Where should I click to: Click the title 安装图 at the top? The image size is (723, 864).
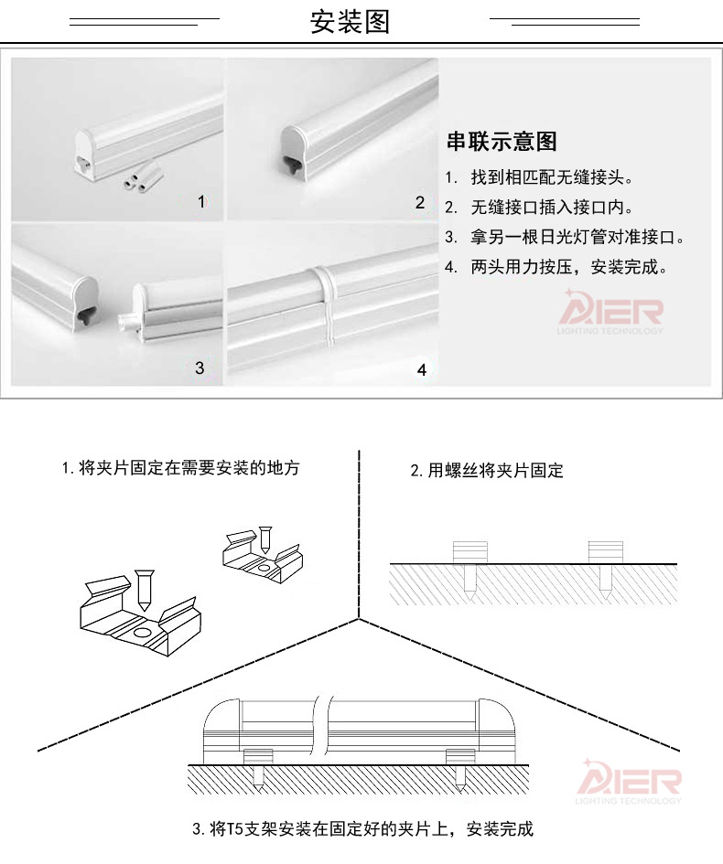351,22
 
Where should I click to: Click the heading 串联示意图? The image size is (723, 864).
501,142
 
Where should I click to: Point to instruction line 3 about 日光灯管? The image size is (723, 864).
565,238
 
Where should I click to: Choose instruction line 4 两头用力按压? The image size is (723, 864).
556,268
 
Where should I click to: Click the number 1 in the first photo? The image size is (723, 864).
202,201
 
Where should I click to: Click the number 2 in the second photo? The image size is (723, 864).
420,202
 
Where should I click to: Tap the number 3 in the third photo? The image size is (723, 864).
200,368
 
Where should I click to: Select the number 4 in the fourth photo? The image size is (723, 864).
421,370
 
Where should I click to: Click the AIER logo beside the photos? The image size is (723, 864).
613,311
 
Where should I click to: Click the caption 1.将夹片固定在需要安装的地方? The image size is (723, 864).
180,468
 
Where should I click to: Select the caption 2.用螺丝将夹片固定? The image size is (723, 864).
486,471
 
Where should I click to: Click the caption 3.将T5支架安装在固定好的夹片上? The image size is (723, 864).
362,830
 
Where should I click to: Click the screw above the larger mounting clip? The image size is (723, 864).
145,590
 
